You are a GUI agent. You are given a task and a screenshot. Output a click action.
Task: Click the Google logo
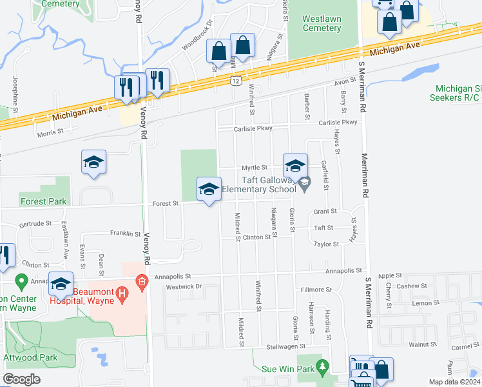[21, 379]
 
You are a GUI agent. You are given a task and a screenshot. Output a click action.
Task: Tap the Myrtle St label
[255, 167]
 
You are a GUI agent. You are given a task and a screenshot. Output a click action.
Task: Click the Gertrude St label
[35, 224]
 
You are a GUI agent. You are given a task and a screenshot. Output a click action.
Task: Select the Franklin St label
[125, 233]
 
